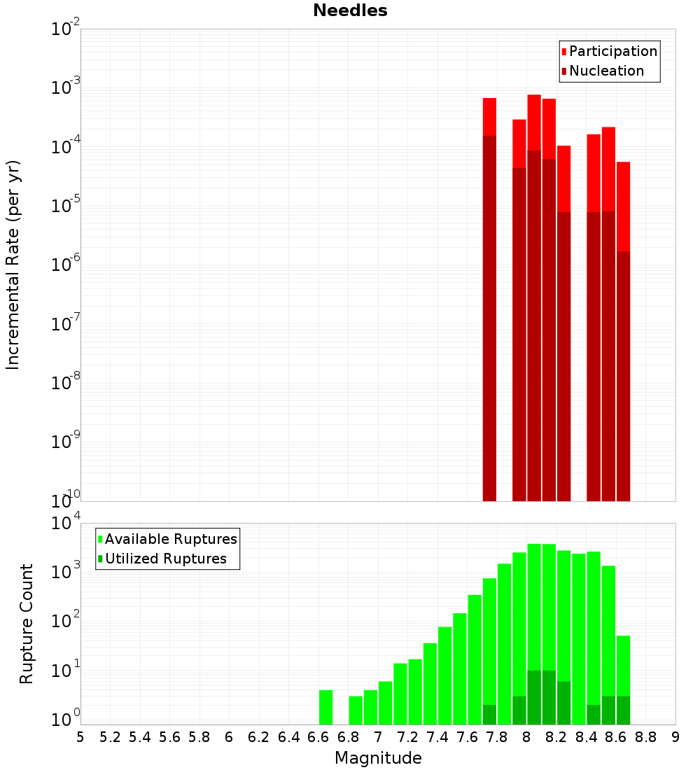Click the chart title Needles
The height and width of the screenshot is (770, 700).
(x=350, y=10)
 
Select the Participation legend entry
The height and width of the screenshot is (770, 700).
(x=609, y=51)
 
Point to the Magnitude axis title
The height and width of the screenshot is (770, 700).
(x=378, y=758)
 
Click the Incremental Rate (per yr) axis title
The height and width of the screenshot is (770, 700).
(x=13, y=265)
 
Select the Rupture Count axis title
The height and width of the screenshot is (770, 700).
(x=27, y=624)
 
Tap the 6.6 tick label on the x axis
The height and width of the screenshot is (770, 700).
(x=318, y=736)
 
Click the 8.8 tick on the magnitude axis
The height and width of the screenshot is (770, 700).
(x=646, y=736)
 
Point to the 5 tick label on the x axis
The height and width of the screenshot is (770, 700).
(x=80, y=736)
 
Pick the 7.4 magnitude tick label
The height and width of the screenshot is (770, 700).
(x=437, y=736)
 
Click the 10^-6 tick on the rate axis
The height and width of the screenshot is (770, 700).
(x=66, y=265)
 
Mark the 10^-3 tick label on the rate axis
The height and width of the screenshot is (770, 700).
(x=66, y=87)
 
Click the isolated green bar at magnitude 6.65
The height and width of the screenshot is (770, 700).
(x=325, y=707)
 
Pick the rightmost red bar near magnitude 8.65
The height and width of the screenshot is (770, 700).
(x=624, y=329)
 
